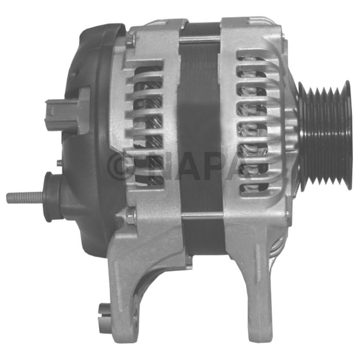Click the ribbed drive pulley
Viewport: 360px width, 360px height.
pyautogui.click(x=325, y=135)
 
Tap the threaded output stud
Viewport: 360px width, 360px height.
pyautogui.click(x=25, y=197)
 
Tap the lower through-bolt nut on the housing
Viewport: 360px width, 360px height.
pyautogui.click(x=131, y=214)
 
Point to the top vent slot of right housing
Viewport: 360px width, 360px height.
pyautogui.click(x=253, y=58)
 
